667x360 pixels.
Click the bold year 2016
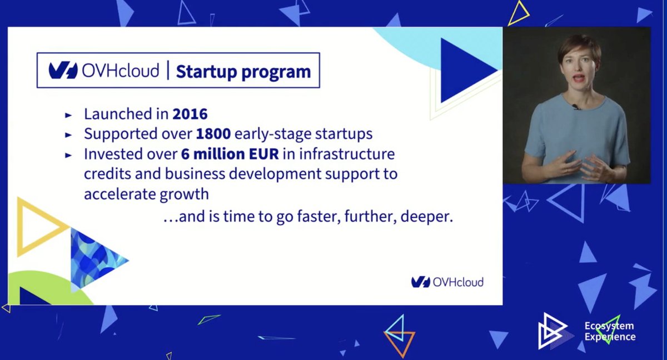pyautogui.click(x=190, y=114)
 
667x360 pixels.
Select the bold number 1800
pyautogui.click(x=213, y=134)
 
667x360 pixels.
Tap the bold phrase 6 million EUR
pyautogui.click(x=230, y=154)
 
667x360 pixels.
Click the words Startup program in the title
pyautogui.click(x=243, y=72)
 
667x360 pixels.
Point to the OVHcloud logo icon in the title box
pyautogui.click(x=63, y=70)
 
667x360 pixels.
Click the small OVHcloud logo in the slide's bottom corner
pyautogui.click(x=447, y=282)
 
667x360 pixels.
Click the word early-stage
pyautogui.click(x=273, y=134)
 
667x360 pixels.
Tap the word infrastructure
pyautogui.click(x=347, y=154)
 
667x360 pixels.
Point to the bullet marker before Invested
pyautogui.click(x=68, y=155)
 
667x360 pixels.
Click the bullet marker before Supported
pyautogui.click(x=68, y=135)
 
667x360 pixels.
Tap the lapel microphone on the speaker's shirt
pyautogui.click(x=576, y=107)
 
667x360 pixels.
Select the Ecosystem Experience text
pyautogui.click(x=610, y=332)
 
